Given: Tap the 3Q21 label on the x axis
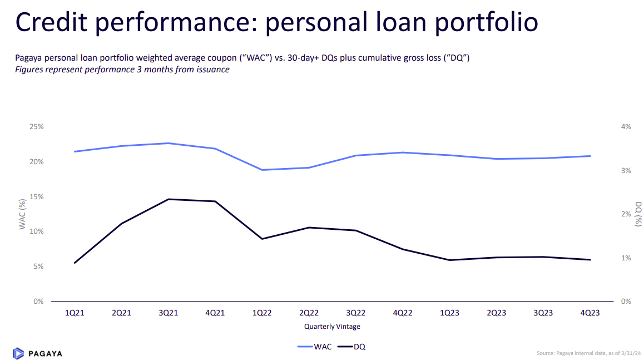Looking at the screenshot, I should point(169,313).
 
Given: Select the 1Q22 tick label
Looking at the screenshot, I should point(262,313).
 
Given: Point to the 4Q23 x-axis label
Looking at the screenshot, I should point(590,313).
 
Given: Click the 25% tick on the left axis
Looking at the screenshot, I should point(37,127).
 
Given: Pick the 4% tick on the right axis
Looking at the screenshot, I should point(626,127).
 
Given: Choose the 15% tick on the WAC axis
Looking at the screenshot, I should point(37,197).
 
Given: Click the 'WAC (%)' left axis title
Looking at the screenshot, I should point(23,214).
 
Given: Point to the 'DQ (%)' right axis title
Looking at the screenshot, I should point(638,214).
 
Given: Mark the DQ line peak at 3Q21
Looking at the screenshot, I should point(169,199).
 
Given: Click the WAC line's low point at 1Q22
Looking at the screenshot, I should point(262,170).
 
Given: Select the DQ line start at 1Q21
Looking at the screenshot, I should point(75,263).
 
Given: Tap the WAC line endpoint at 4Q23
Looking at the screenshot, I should point(590,156).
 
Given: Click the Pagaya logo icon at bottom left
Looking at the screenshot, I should point(18,353).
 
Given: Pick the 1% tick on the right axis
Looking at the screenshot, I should point(626,258).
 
